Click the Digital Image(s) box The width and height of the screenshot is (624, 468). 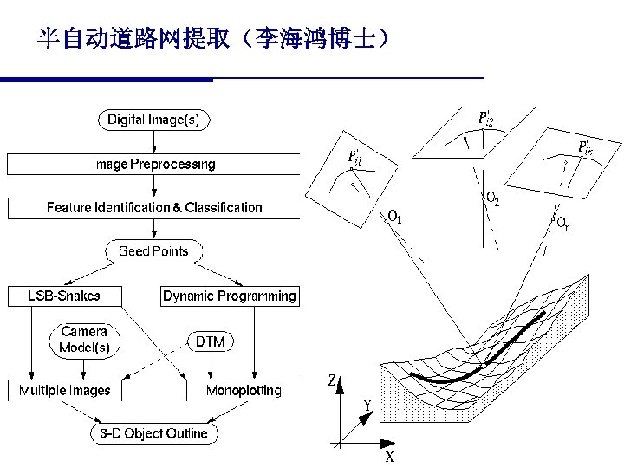pyautogui.click(x=153, y=120)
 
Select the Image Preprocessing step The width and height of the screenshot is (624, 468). pyautogui.click(x=153, y=164)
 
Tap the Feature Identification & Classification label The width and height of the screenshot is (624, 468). pyautogui.click(x=153, y=208)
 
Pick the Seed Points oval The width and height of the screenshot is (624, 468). pyautogui.click(x=153, y=252)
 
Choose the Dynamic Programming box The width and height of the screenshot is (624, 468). pyautogui.click(x=230, y=296)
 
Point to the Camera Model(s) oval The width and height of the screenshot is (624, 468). pyautogui.click(x=84, y=340)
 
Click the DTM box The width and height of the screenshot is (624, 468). pyautogui.click(x=210, y=341)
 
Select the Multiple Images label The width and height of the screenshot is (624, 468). pyautogui.click(x=65, y=391)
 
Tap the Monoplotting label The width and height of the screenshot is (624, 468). pyautogui.click(x=244, y=391)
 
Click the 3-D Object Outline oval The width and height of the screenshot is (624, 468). pyautogui.click(x=154, y=433)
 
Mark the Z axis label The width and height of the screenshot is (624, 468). pyautogui.click(x=333, y=380)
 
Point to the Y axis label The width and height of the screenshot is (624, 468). pyautogui.click(x=367, y=405)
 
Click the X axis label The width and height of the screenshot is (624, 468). pyautogui.click(x=390, y=457)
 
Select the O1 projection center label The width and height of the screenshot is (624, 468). pyautogui.click(x=394, y=218)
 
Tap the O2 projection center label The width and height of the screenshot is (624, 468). pyautogui.click(x=491, y=200)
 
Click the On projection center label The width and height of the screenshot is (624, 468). pyautogui.click(x=563, y=225)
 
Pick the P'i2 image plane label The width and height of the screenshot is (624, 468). pyautogui.click(x=487, y=116)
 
